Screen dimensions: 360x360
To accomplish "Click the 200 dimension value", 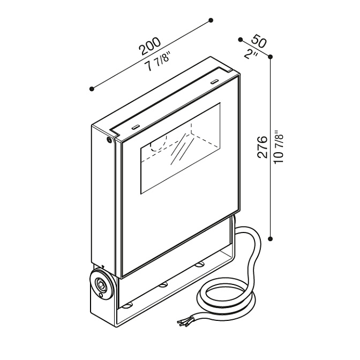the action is click(x=150, y=46).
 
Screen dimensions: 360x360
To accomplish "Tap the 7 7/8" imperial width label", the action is click(x=158, y=63).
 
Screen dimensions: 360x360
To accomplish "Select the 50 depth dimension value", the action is click(x=259, y=41).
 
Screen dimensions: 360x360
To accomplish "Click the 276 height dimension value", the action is click(x=262, y=147).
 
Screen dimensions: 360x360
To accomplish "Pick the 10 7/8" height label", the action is click(x=279, y=147).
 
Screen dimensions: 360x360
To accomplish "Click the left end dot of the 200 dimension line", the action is click(x=92, y=89).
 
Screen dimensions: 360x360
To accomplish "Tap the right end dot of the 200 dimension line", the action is click(x=211, y=20).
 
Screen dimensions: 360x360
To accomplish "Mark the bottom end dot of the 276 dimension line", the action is click(x=271, y=239).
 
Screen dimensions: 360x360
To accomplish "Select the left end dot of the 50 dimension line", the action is click(x=241, y=40).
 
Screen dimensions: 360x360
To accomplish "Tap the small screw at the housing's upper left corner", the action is click(x=109, y=139).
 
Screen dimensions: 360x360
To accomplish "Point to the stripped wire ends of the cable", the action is click(x=184, y=321).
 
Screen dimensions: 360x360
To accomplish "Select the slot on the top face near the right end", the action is click(x=214, y=81).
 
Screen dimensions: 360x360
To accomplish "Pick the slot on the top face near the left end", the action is click(x=135, y=126).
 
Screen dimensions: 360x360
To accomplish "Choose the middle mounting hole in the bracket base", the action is click(x=163, y=285).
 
